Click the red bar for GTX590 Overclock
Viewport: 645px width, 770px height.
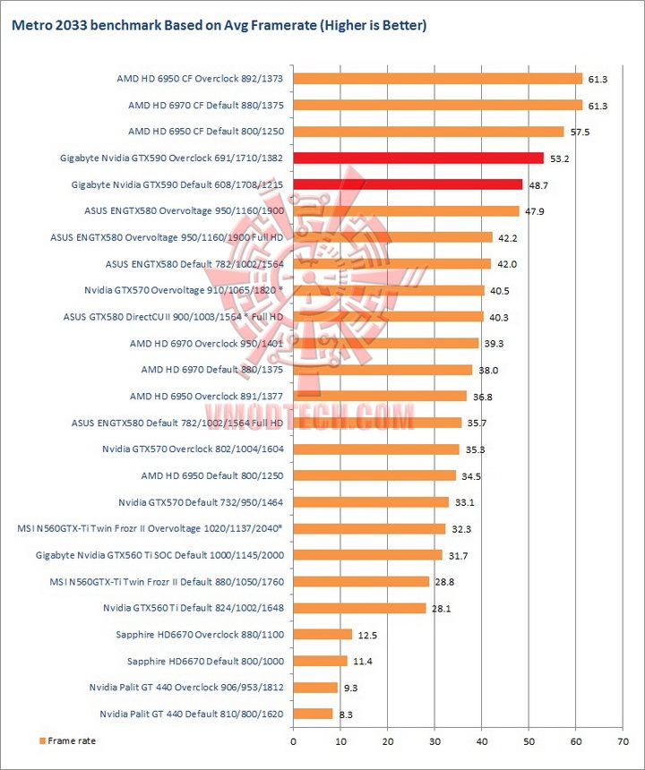pyautogui.click(x=418, y=158)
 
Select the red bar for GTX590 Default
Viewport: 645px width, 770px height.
pyautogui.click(x=408, y=184)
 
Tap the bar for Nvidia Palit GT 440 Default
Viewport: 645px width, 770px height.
pyautogui.click(x=313, y=714)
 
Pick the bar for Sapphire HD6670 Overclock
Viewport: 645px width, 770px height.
pyautogui.click(x=322, y=635)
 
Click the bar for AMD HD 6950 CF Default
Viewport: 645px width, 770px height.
pyautogui.click(x=428, y=132)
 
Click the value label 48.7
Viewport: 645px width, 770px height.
pyautogui.click(x=537, y=185)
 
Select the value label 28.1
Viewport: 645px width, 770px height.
pyautogui.click(x=440, y=609)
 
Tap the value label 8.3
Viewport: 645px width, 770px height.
pyautogui.click(x=345, y=714)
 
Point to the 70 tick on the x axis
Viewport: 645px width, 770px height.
pyautogui.click(x=622, y=741)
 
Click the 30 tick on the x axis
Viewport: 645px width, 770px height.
pyautogui.click(x=434, y=741)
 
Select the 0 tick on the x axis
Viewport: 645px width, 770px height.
pyautogui.click(x=293, y=741)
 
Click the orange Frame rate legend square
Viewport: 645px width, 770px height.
pyautogui.click(x=41, y=740)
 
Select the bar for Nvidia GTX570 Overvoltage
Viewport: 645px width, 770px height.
pyautogui.click(x=389, y=290)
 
